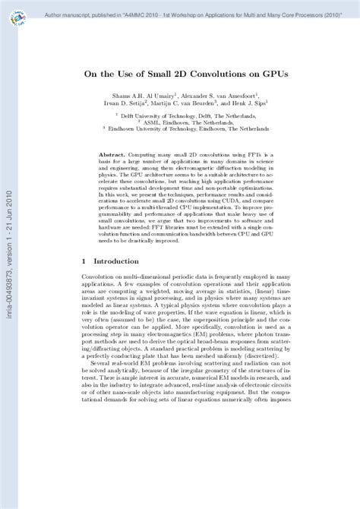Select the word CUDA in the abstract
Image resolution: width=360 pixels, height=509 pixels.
pos(214,202)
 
